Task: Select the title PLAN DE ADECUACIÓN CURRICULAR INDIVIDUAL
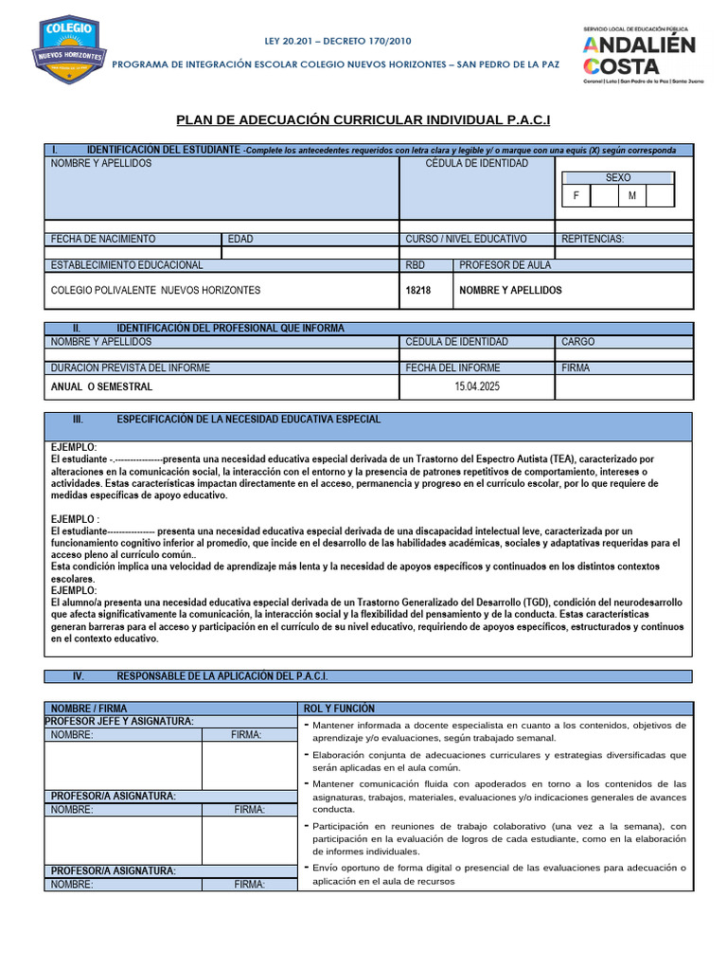tap(363, 120)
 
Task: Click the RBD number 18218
tap(417, 290)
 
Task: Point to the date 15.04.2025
tap(476, 386)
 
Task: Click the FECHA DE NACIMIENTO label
tap(103, 239)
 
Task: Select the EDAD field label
tap(240, 239)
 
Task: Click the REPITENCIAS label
tap(593, 239)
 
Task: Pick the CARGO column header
tap(578, 342)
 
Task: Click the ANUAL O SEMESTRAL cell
tap(101, 386)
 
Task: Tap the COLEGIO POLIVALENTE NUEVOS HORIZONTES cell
tap(155, 290)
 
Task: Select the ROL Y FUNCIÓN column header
tap(339, 709)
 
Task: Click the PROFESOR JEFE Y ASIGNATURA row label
tap(122, 722)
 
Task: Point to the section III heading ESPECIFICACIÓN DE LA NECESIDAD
tap(248, 419)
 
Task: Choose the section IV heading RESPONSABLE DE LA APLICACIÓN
tap(222, 676)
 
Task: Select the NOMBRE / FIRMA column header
tap(89, 709)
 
